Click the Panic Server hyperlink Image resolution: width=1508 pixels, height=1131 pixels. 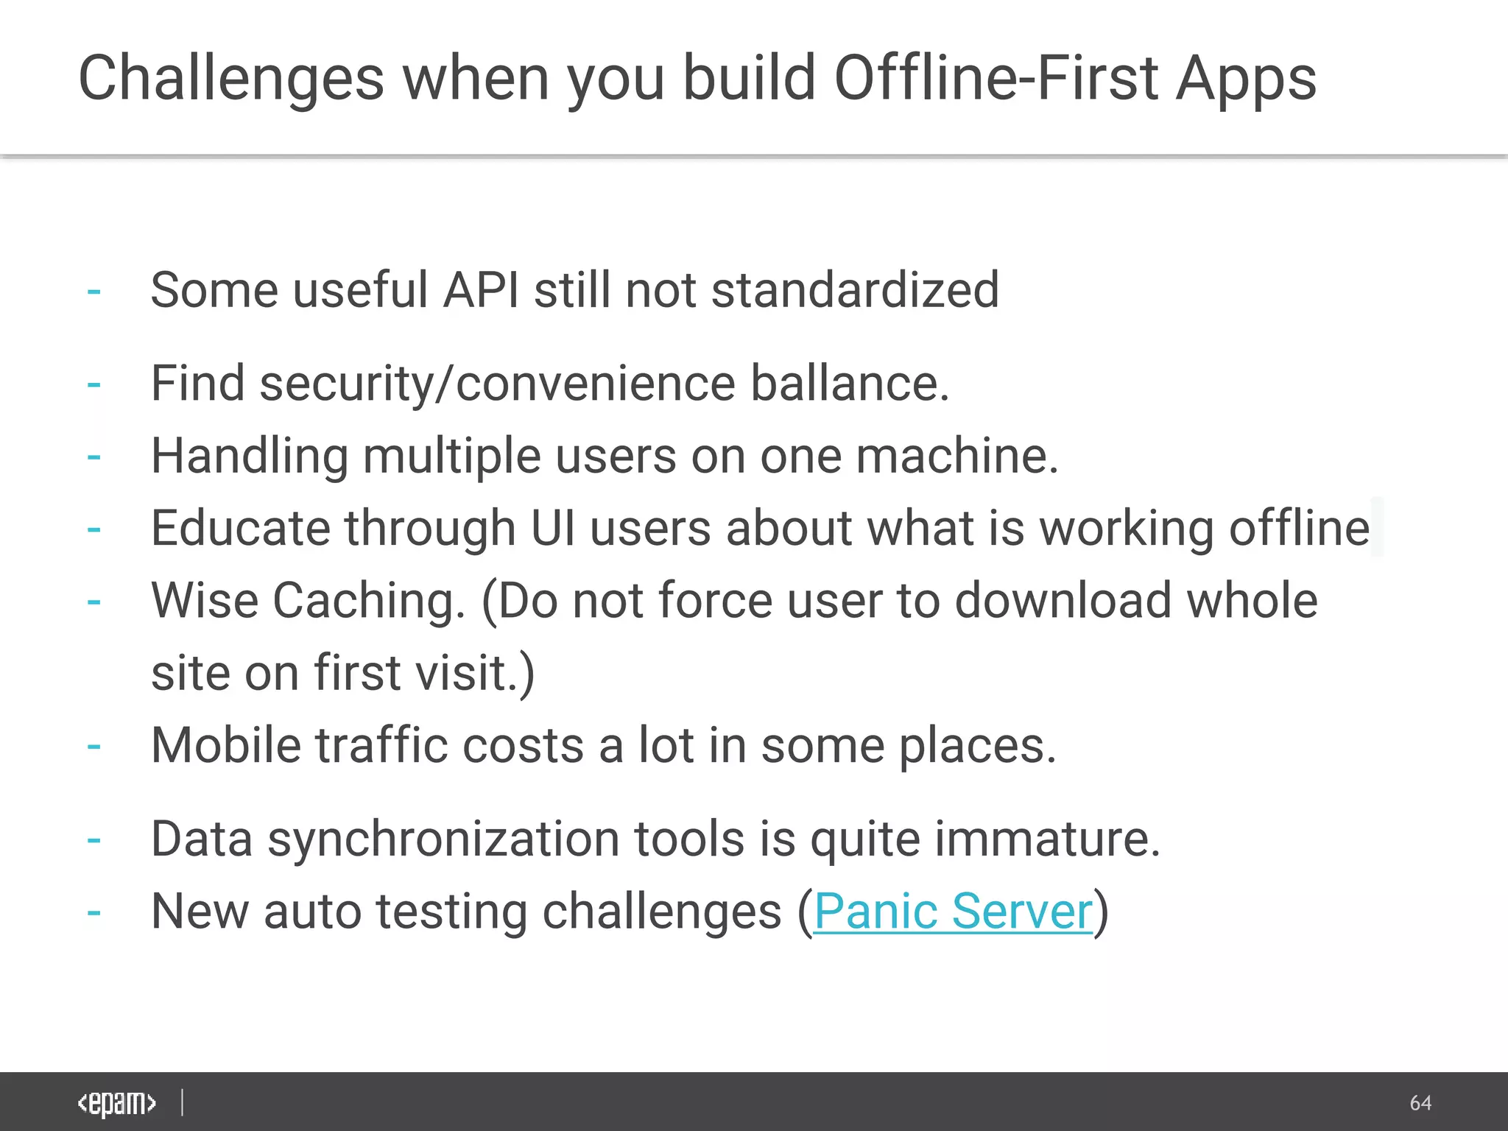tap(953, 912)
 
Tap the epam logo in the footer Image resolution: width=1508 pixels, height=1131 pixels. tap(117, 1103)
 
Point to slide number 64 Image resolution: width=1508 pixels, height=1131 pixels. tap(1420, 1103)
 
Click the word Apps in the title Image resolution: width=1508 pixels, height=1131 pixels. tap(1246, 80)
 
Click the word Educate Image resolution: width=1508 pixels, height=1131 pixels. tap(241, 528)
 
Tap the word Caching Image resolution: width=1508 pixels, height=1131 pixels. tap(369, 601)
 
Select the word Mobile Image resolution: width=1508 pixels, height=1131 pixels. tap(226, 745)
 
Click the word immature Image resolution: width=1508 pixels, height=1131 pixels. tap(1046, 839)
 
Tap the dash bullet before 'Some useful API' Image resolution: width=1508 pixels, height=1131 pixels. tap(94, 292)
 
